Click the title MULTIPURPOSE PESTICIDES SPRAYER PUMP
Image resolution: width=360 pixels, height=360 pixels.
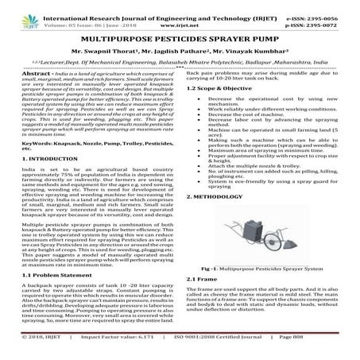pyautogui.click(x=180, y=37)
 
